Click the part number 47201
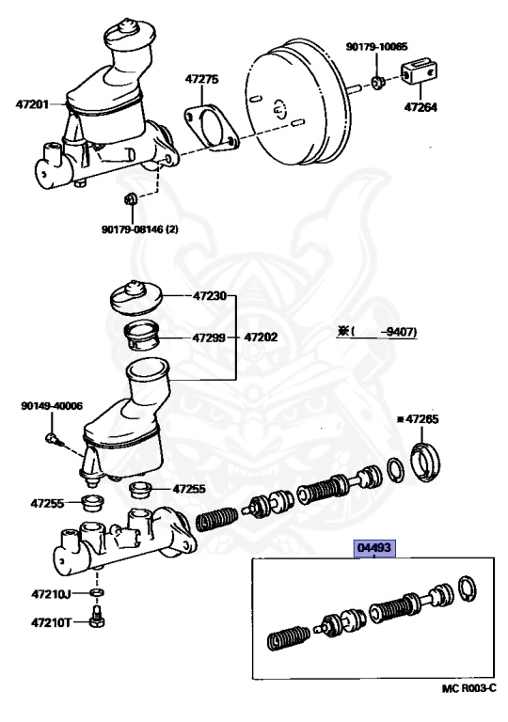[x=32, y=104]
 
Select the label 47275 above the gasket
[x=202, y=79]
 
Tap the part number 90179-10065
[x=376, y=46]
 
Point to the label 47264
[x=421, y=107]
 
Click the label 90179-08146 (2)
[x=139, y=228]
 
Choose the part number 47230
[x=210, y=295]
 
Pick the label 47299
[x=209, y=337]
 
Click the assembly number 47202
[x=261, y=337]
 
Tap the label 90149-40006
[x=52, y=406]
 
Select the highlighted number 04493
[x=374, y=547]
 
